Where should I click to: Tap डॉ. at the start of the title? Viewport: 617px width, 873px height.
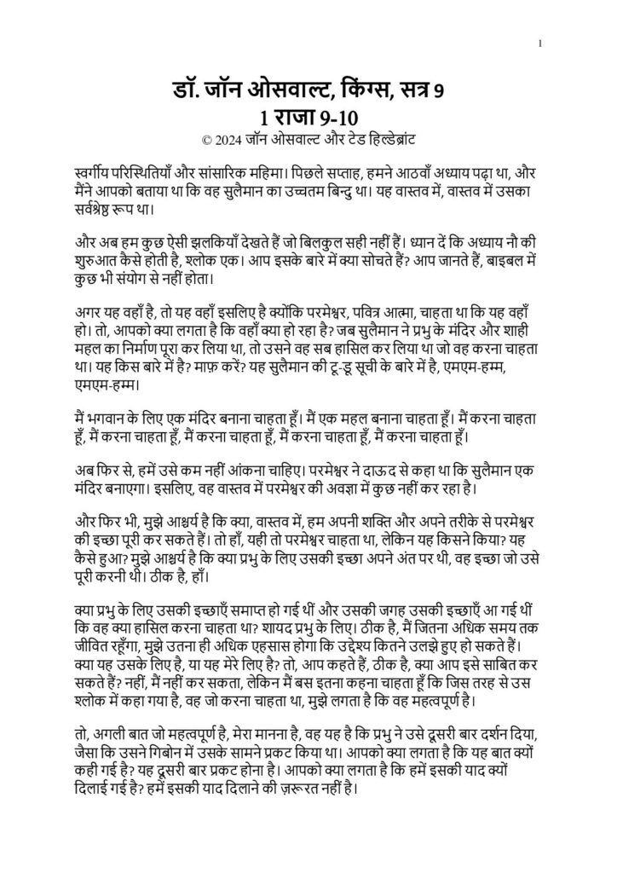coord(184,90)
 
